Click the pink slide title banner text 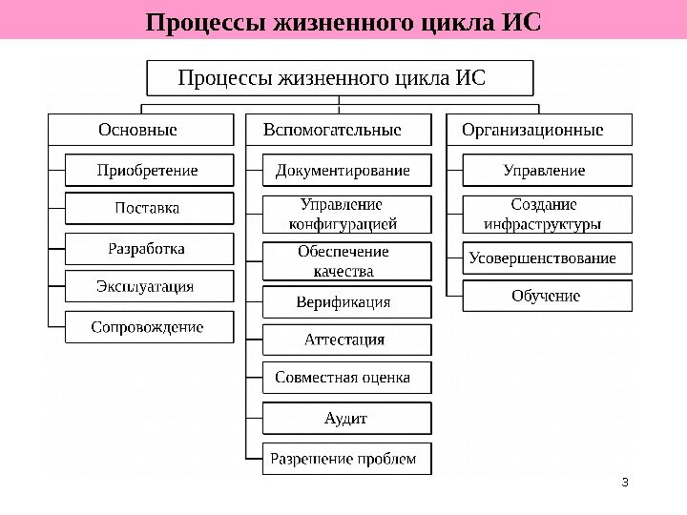pos(343,20)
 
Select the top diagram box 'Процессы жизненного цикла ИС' pos(340,77)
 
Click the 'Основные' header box pos(141,130)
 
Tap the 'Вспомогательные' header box pos(339,130)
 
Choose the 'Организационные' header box pos(538,130)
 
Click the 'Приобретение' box pos(149,170)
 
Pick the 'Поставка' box pos(149,208)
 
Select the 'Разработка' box pos(149,248)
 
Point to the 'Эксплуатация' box pos(149,286)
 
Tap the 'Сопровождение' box pos(149,326)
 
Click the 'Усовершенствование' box pos(547,258)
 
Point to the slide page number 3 pos(624,481)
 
